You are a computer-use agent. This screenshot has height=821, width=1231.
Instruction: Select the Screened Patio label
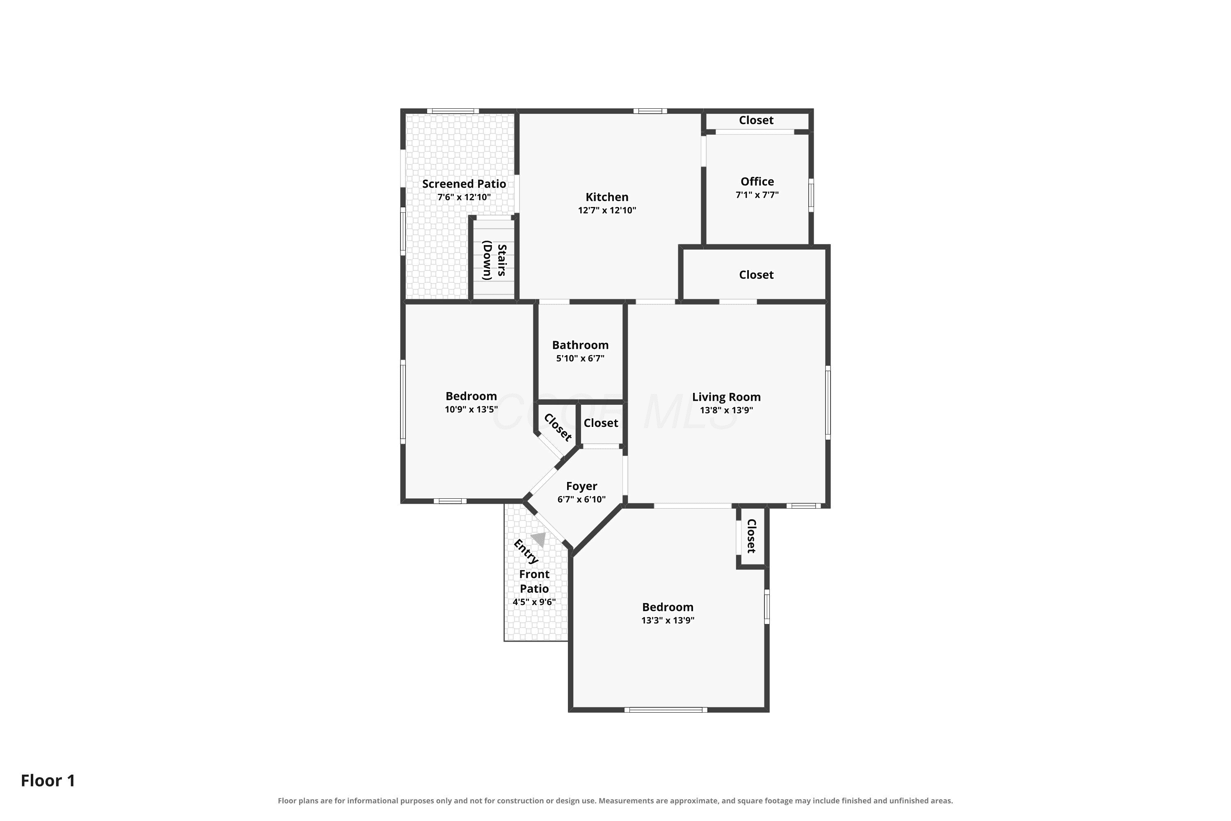(464, 184)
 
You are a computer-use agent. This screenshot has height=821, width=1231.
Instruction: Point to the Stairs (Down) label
(494, 260)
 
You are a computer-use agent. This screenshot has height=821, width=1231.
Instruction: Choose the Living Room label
(726, 397)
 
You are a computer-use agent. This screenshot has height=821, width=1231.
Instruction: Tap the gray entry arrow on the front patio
(538, 539)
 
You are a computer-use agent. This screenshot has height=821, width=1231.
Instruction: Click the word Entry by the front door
(526, 552)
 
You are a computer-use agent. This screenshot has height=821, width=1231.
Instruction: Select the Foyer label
(581, 486)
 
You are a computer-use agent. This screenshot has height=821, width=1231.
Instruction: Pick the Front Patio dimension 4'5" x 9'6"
(534, 602)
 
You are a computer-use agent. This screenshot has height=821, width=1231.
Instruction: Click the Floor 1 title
(48, 781)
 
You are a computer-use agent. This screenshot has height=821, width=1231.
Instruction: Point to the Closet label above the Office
(756, 120)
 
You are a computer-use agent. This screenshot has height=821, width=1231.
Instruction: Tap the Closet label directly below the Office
(756, 275)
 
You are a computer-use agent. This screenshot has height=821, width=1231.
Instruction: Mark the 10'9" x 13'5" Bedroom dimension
(471, 409)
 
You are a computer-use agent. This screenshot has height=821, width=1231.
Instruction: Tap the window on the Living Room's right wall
(828, 403)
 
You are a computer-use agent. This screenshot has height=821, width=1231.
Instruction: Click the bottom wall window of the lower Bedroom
(666, 710)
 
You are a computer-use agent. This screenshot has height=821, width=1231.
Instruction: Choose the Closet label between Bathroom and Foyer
(601, 423)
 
